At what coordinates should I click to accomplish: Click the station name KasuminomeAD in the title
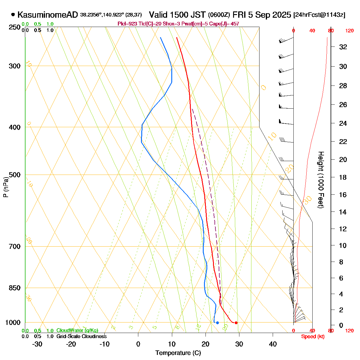click(48, 15)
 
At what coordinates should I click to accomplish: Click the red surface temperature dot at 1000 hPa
click(236, 323)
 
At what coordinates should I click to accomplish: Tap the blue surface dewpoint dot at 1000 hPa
click(217, 323)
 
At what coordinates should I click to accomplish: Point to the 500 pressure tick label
click(15, 175)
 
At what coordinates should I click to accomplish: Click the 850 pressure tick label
click(15, 288)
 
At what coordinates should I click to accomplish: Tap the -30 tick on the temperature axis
click(37, 344)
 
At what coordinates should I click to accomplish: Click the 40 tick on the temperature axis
click(273, 344)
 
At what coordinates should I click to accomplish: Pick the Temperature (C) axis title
click(178, 353)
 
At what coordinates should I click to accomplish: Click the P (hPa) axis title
click(5, 187)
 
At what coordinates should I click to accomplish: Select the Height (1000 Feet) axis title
click(321, 180)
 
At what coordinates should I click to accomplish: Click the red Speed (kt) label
click(313, 337)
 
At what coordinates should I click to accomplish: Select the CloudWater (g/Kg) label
click(77, 330)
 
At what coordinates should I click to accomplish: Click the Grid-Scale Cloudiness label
click(81, 337)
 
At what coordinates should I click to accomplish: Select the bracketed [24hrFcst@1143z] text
click(319, 15)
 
